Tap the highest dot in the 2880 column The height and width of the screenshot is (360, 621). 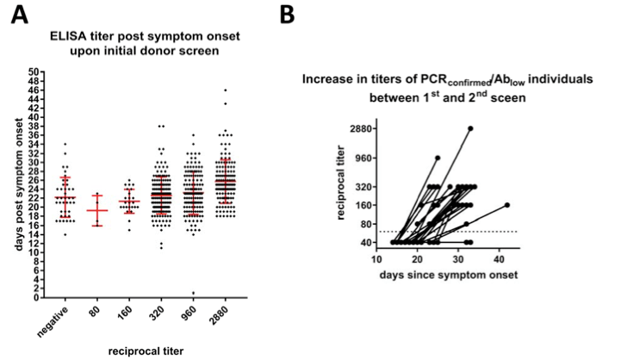(x=227, y=90)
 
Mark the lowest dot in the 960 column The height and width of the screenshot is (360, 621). (x=193, y=293)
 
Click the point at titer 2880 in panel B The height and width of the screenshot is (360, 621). (x=471, y=128)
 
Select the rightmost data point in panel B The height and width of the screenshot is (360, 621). (x=507, y=205)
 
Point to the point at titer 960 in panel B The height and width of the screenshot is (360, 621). (x=438, y=158)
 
